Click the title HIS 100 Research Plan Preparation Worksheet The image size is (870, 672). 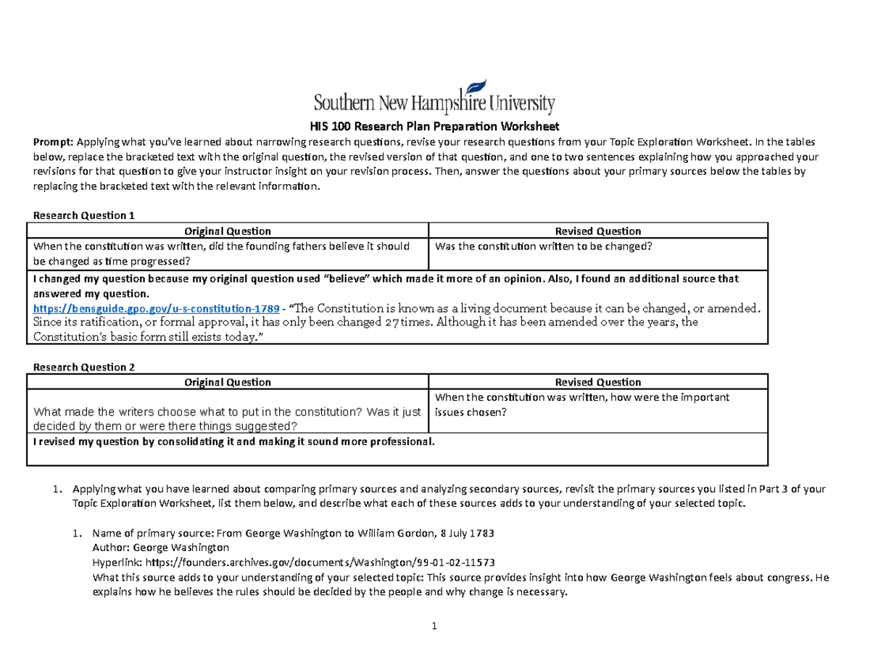click(434, 125)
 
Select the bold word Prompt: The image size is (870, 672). click(49, 141)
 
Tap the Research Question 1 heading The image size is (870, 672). click(80, 215)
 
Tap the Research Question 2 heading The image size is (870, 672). click(80, 367)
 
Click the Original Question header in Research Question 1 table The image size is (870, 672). click(228, 231)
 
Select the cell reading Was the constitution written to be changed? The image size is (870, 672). click(544, 246)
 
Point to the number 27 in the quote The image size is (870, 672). click(389, 322)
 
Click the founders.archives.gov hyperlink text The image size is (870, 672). click(321, 562)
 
